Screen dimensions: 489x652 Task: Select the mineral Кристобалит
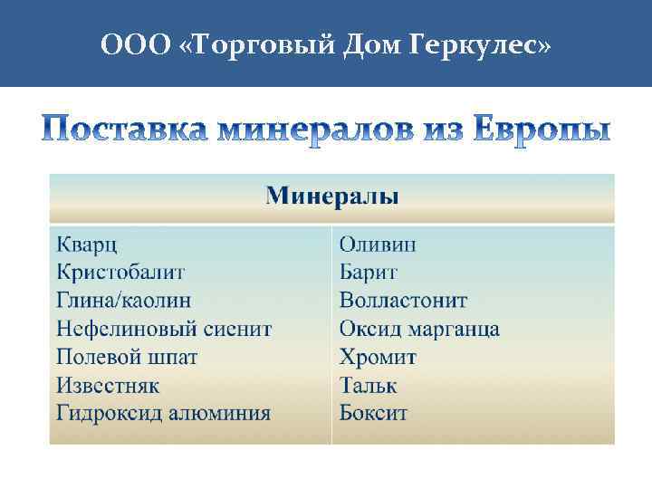120,273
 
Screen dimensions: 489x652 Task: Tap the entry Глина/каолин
123,301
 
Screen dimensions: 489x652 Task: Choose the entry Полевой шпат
127,357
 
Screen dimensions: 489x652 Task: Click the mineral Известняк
108,386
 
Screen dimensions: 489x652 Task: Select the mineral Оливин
378,244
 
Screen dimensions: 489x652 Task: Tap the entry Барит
369,273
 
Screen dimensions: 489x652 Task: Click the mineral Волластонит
404,301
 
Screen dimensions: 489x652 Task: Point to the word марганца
457,330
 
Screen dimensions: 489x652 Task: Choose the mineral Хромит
379,357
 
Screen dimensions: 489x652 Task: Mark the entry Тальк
368,386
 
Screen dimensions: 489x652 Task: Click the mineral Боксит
373,414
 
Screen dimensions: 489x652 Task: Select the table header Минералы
332,197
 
